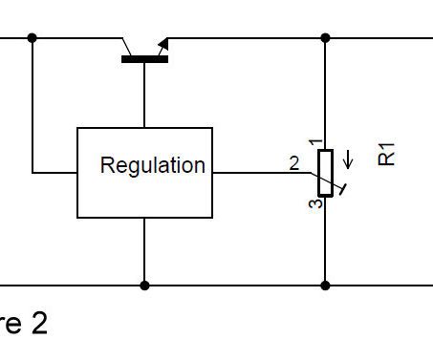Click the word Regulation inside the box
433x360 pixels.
tap(152, 165)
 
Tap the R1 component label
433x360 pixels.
tap(387, 155)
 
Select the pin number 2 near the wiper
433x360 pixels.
tap(294, 163)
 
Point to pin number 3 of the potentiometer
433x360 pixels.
tap(314, 202)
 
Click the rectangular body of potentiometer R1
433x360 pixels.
tap(325, 172)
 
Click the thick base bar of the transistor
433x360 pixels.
tap(144, 59)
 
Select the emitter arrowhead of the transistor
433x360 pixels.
tap(163, 44)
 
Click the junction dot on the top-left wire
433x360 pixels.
tap(32, 37)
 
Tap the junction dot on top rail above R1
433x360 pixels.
tap(325, 37)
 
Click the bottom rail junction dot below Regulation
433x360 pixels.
tap(144, 285)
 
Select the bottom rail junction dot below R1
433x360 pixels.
tap(325, 285)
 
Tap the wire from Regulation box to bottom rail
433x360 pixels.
tap(144, 250)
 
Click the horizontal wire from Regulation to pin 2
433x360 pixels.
tap(253, 173)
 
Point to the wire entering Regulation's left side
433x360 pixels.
tap(54, 173)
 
